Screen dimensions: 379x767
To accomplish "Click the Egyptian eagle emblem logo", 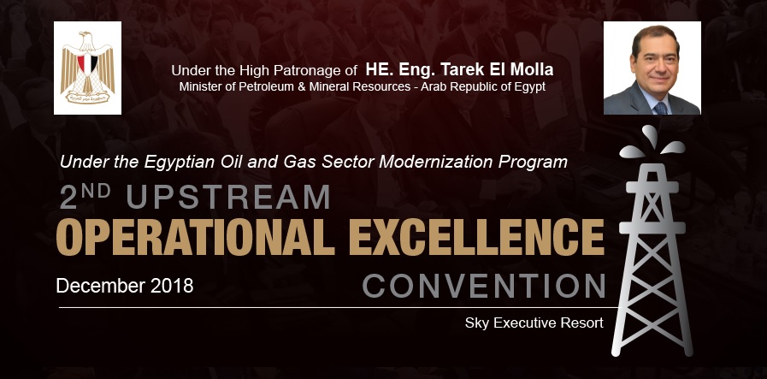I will (87, 68).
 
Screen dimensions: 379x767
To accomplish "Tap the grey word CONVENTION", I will (484, 285).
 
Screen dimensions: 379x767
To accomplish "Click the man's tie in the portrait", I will (659, 106).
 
